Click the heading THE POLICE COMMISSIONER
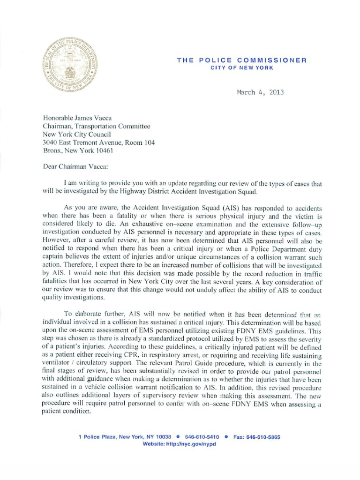pyautogui.click(x=241, y=60)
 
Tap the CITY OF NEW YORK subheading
pyautogui.click(x=241, y=68)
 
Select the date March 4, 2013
pyautogui.click(x=260, y=92)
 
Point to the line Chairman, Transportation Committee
pyautogui.click(x=97, y=126)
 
